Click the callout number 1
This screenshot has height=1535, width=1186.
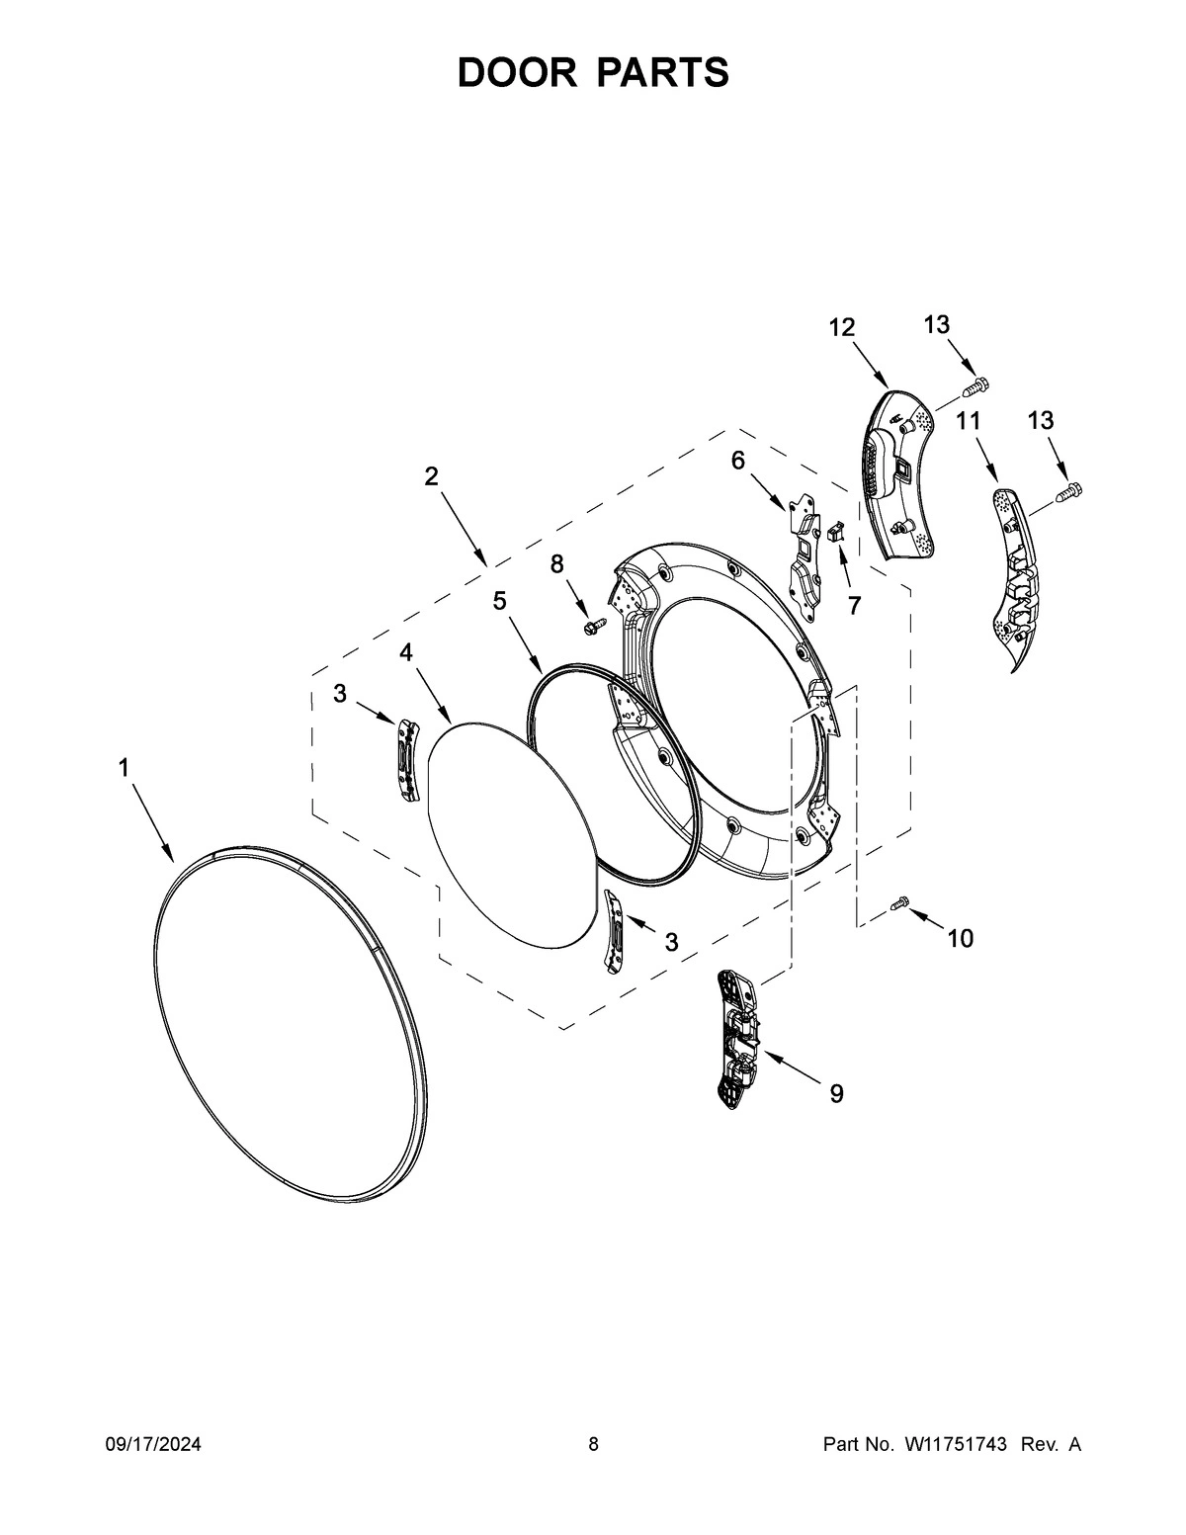[x=125, y=767]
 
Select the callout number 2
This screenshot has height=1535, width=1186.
[x=431, y=476]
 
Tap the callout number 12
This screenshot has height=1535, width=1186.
[x=842, y=328]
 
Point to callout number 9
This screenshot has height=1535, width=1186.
[x=836, y=1093]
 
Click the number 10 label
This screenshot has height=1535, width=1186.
[x=960, y=938]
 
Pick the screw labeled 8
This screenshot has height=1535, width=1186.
[x=596, y=626]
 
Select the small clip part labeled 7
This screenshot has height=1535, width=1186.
[x=836, y=533]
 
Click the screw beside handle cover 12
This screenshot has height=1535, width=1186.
[x=978, y=383]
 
